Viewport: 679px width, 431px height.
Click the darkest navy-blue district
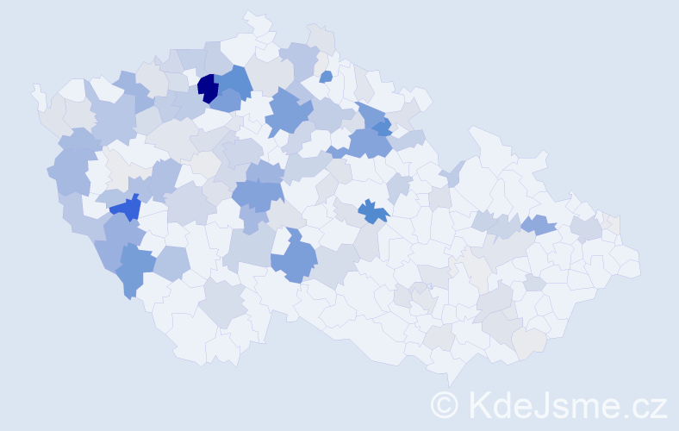(x=207, y=88)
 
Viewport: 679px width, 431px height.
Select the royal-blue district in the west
(x=127, y=207)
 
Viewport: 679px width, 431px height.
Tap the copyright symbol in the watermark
(x=444, y=403)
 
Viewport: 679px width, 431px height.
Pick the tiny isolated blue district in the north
(x=326, y=77)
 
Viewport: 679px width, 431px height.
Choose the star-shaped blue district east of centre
(x=372, y=210)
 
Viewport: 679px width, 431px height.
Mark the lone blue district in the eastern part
(x=539, y=224)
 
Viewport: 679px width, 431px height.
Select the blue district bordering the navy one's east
(x=234, y=82)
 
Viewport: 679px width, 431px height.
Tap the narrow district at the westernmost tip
(x=38, y=95)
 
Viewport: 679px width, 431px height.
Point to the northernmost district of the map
(x=255, y=21)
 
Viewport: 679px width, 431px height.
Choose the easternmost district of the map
(x=629, y=263)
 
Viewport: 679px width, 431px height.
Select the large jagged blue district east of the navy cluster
(x=289, y=112)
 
